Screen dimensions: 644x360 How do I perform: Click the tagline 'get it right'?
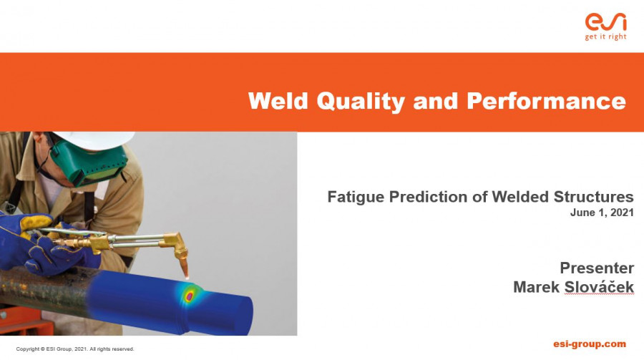pyautogui.click(x=606, y=37)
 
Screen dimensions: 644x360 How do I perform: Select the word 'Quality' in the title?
pyautogui.click(x=361, y=101)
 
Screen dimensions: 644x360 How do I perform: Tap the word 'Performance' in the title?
pyautogui.click(x=546, y=100)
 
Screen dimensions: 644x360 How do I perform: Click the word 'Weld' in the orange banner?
pyautogui.click(x=278, y=100)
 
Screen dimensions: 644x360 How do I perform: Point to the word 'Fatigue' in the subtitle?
pyautogui.click(x=356, y=197)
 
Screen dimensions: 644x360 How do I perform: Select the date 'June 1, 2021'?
pyautogui.click(x=602, y=213)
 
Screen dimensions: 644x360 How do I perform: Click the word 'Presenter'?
pyautogui.click(x=597, y=268)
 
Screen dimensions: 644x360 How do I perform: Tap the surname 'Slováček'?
pyautogui.click(x=599, y=286)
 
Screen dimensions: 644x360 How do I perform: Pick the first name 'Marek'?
pyautogui.click(x=537, y=287)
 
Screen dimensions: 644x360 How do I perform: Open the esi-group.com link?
pyautogui.click(x=590, y=344)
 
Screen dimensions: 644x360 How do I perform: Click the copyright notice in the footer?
pyautogui.click(x=75, y=349)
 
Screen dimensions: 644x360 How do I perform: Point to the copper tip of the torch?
pyautogui.click(x=184, y=266)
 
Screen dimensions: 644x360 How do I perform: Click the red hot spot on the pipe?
pyautogui.click(x=190, y=296)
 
